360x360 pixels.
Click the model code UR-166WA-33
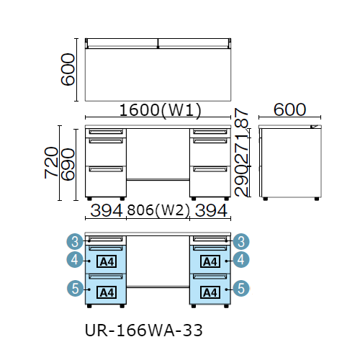click(x=143, y=330)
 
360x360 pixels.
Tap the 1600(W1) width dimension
click(x=160, y=110)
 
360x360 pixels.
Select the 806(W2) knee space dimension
click(x=158, y=210)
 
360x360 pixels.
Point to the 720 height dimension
click(x=51, y=163)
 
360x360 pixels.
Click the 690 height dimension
click(x=68, y=164)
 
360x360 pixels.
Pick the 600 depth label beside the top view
click(x=68, y=69)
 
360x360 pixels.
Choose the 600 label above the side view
click(x=289, y=109)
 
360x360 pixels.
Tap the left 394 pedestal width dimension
click(x=107, y=210)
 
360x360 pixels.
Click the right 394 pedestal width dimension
click(x=211, y=210)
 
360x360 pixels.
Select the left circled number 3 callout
click(x=75, y=241)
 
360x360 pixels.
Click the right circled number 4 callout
click(x=241, y=260)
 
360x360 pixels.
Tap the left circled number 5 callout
click(x=75, y=288)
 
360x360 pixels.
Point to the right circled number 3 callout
click(x=241, y=241)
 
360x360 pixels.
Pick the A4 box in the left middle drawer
click(x=107, y=261)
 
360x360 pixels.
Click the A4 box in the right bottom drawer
click(x=210, y=292)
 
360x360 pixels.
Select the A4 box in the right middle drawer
click(x=210, y=261)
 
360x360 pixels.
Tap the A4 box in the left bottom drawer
click(x=107, y=292)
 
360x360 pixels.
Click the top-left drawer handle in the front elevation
click(x=106, y=132)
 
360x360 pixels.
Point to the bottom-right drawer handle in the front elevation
click(x=210, y=169)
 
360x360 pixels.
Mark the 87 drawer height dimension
click(x=241, y=117)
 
